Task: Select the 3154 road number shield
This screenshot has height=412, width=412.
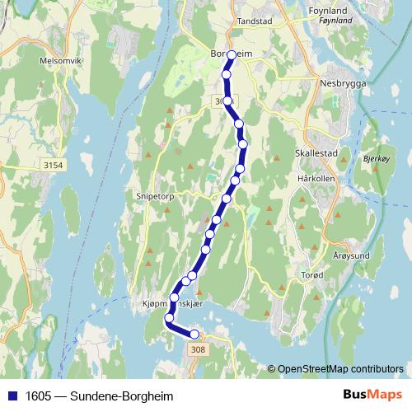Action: pos(53,166)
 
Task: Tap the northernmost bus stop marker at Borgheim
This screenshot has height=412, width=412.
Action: pos(232,55)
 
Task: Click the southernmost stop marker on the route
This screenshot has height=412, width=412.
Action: pos(195,334)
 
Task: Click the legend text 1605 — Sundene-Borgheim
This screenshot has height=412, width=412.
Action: pos(95,395)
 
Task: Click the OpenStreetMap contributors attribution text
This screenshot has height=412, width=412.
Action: pos(341,368)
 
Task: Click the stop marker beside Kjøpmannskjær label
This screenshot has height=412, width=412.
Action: pos(175,297)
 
